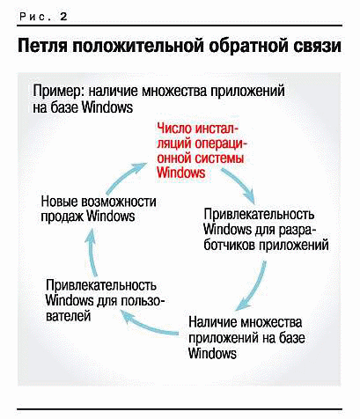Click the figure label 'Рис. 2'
(x=43, y=16)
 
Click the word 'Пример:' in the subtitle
(x=58, y=92)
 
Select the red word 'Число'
(x=173, y=129)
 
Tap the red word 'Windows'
(x=181, y=173)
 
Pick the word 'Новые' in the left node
(x=60, y=202)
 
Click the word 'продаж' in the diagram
(x=62, y=217)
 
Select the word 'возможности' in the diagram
(x=119, y=202)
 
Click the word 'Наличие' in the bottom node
(x=212, y=322)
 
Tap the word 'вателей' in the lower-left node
(x=68, y=316)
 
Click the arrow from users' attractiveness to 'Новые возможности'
(x=92, y=252)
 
